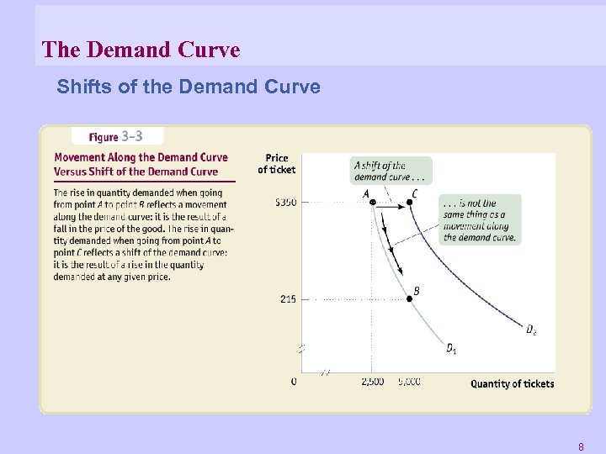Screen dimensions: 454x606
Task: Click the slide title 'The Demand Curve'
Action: (x=141, y=50)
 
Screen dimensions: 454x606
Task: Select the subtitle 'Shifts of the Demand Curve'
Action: (x=189, y=87)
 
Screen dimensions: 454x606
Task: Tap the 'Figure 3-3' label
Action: (x=118, y=136)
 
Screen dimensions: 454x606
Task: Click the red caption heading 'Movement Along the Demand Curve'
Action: (x=141, y=157)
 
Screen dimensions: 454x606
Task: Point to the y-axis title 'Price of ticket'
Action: (x=276, y=163)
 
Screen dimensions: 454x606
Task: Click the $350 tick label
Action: (x=285, y=203)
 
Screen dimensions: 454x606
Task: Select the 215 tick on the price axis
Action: (x=288, y=299)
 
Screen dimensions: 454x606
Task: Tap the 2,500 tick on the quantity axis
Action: (x=372, y=382)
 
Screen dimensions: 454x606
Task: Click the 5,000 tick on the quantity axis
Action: (x=409, y=382)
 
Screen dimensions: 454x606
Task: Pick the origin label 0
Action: (x=294, y=382)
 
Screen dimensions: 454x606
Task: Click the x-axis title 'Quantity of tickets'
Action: (x=512, y=384)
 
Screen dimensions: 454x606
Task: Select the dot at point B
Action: (x=409, y=299)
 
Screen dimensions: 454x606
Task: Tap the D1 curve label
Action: (x=452, y=348)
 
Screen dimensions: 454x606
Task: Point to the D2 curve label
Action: (x=531, y=330)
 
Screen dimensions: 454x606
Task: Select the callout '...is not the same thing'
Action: (x=479, y=219)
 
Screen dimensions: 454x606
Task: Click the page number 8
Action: (x=581, y=446)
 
